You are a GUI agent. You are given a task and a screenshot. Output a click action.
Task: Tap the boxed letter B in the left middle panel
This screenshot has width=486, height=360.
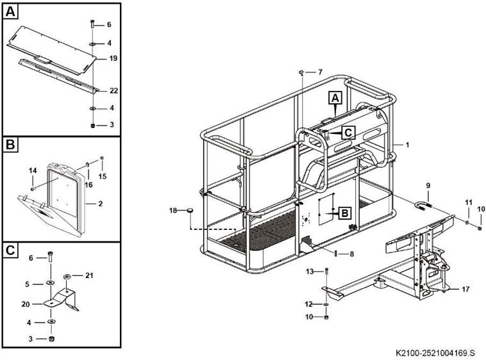coord(12,145)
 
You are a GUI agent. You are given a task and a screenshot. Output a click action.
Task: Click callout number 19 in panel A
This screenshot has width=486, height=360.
coord(113,58)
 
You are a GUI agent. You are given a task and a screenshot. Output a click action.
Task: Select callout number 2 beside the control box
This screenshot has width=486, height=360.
coord(100,203)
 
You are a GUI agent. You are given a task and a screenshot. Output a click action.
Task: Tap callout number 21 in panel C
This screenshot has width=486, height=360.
coord(89,275)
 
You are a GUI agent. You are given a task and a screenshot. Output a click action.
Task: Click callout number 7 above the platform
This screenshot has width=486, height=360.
coord(320,71)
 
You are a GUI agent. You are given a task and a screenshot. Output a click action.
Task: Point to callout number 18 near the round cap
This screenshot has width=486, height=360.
coord(173,210)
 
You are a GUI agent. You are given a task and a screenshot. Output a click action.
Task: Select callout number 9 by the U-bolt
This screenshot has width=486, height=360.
coord(428,186)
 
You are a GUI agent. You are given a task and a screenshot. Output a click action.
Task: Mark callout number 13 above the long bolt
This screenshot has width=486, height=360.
coord(310,272)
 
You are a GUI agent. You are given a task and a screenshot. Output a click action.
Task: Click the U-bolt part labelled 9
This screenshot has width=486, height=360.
coord(424,206)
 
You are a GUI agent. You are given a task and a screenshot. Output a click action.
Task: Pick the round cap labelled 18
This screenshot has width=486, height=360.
coord(190,210)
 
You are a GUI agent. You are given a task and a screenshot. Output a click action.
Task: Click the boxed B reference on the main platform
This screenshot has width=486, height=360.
coord(344,212)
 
